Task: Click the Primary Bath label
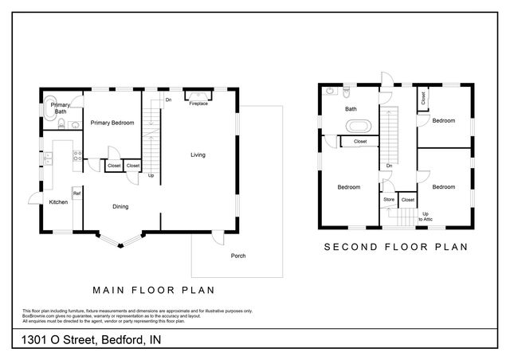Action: pos(60,108)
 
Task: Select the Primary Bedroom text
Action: pos(112,123)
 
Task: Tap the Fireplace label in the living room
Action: pos(198,104)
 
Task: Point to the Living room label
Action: pos(198,155)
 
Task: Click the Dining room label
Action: pos(120,206)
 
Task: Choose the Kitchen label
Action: pos(59,202)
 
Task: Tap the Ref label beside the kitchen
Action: pos(77,194)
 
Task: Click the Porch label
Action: pos(237,256)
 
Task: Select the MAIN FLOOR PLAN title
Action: pos(153,289)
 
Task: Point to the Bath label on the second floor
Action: pos(350,109)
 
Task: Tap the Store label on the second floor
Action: pos(389,199)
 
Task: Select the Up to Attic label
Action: pos(426,216)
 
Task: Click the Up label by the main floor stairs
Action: pos(151,175)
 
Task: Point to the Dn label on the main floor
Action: pos(168,100)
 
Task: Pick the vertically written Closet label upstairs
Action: pos(423,98)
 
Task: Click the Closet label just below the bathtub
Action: pos(360,141)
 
